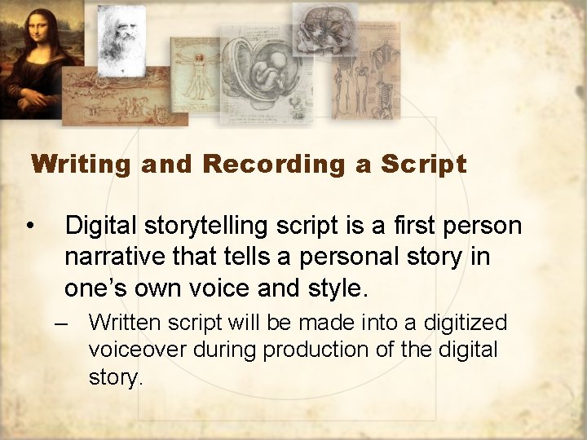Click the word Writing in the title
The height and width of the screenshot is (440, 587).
82,165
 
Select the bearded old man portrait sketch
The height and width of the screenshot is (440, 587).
121,37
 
